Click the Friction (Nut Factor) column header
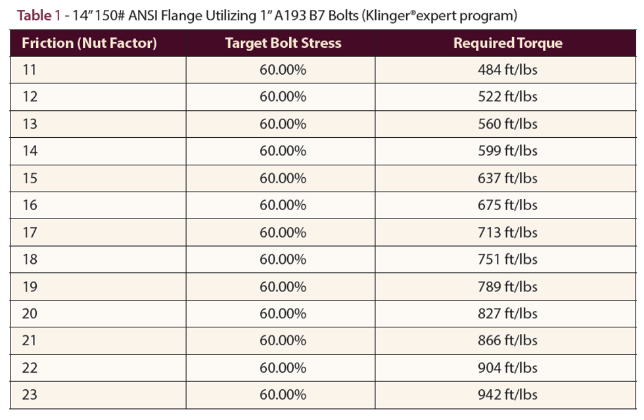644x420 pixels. [89, 43]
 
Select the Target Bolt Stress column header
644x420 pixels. [283, 43]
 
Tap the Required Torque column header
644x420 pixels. [507, 43]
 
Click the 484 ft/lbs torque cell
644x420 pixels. [507, 70]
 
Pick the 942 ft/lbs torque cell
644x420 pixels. [507, 395]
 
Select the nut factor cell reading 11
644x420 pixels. [30, 70]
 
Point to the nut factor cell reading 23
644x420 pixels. [30, 395]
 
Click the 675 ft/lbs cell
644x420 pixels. [507, 205]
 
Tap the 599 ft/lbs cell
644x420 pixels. [507, 151]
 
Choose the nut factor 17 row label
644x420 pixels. [30, 232]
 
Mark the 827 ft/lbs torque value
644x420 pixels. [507, 314]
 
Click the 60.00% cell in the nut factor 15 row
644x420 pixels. [283, 178]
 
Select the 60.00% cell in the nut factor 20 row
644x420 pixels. [283, 314]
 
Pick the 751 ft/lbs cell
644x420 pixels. [507, 259]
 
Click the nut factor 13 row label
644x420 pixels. [30, 124]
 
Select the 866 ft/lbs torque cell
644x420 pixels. [507, 341]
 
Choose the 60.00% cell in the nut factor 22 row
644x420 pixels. [283, 368]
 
